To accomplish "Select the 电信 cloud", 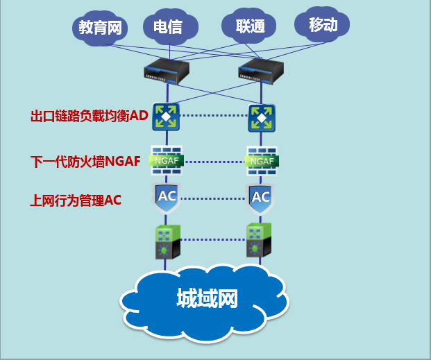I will [167, 27].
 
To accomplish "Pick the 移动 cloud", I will [323, 26].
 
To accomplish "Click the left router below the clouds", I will [167, 70].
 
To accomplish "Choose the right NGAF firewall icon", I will [262, 161].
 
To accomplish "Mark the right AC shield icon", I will [261, 197].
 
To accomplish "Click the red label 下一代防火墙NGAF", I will [85, 162].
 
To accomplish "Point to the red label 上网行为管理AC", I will [76, 200].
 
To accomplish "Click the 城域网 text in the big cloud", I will [207, 299].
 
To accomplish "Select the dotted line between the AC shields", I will [214, 198].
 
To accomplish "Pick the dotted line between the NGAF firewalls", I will [213, 162].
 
